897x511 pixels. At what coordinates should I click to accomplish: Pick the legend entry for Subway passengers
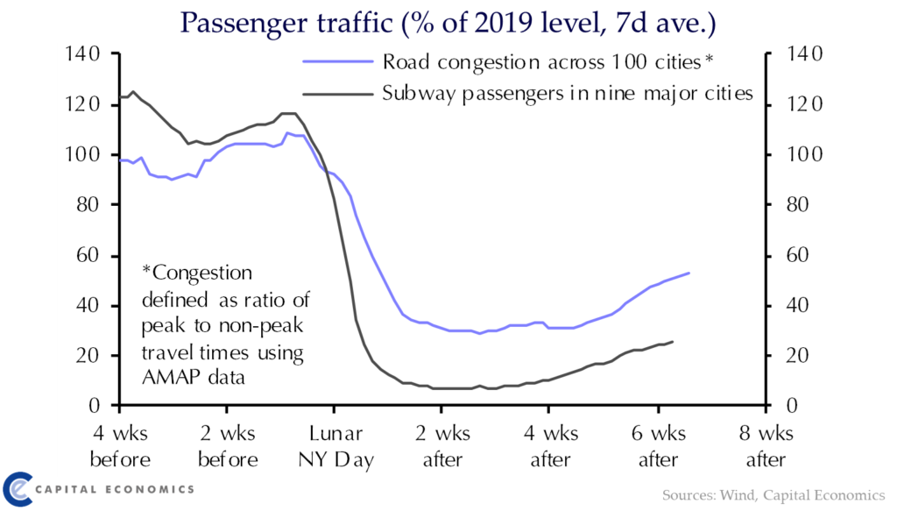[x=568, y=93]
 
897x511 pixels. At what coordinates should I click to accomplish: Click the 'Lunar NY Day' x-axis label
[x=334, y=447]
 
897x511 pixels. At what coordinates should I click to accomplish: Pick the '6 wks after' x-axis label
[x=658, y=447]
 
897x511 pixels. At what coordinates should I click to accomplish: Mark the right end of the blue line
[x=689, y=273]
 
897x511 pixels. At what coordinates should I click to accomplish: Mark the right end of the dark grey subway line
[x=673, y=341]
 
